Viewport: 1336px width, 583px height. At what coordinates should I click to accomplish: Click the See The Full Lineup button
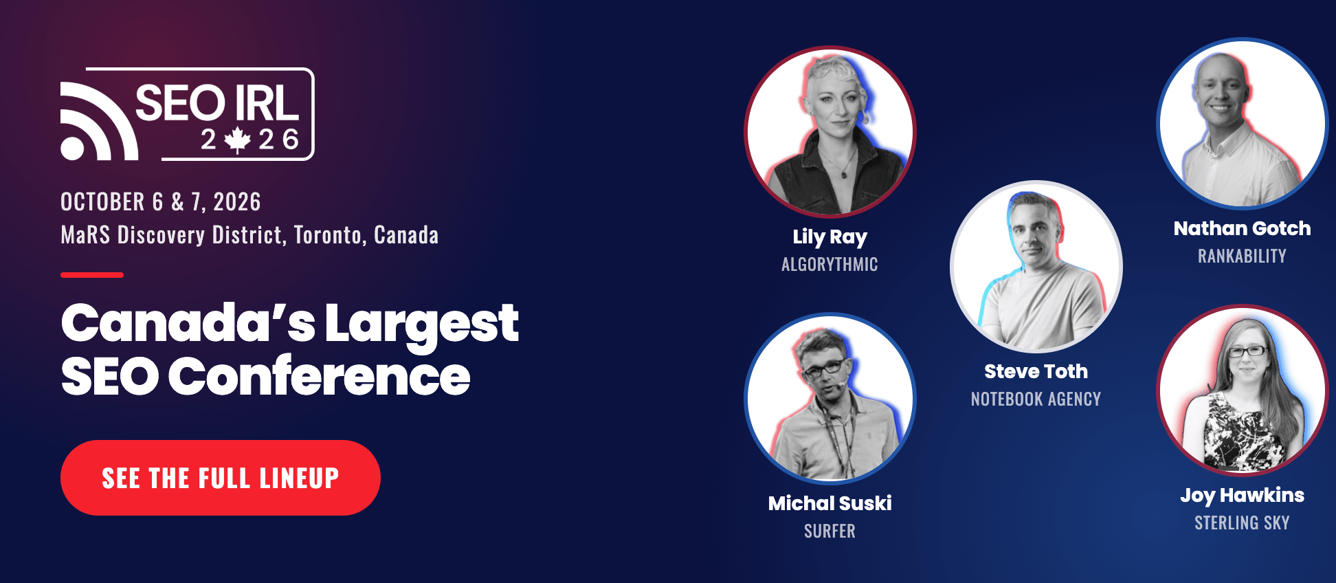[x=221, y=478]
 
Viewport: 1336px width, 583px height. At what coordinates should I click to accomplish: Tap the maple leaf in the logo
[x=238, y=140]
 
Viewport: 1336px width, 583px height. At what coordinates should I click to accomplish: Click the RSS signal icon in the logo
[x=98, y=122]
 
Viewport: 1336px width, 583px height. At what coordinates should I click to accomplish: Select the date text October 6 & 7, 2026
[x=161, y=202]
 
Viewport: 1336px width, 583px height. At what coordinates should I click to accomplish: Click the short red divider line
[x=92, y=275]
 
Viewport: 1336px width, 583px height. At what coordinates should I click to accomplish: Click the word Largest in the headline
[x=421, y=324]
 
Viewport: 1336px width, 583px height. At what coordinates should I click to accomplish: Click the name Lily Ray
[x=830, y=237]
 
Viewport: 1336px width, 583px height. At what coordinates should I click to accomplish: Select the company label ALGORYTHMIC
[x=830, y=265]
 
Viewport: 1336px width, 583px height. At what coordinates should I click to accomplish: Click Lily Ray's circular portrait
[x=830, y=131]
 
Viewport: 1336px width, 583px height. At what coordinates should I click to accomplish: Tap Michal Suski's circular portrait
[x=830, y=399]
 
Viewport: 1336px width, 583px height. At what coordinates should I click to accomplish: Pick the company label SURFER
[x=830, y=531]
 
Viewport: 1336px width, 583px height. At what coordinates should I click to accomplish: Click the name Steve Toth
[x=1036, y=371]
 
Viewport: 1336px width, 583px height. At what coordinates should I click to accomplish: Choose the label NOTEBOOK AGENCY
[x=1036, y=399]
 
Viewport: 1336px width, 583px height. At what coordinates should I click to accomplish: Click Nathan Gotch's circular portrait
[x=1243, y=123]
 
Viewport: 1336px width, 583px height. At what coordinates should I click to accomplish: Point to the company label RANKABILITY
[x=1243, y=256]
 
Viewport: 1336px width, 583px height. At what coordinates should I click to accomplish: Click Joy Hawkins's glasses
[x=1247, y=351]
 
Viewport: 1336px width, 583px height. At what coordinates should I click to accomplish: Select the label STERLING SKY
[x=1243, y=523]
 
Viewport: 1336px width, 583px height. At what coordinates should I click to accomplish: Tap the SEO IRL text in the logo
[x=217, y=103]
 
